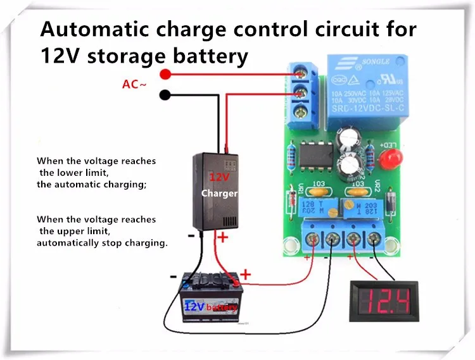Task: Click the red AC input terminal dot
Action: click(166, 75)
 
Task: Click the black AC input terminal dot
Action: click(166, 96)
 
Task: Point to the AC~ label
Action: click(134, 84)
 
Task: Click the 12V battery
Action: click(210, 297)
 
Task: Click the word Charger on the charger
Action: click(219, 194)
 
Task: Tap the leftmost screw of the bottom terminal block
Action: click(310, 239)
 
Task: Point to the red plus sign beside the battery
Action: click(246, 275)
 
